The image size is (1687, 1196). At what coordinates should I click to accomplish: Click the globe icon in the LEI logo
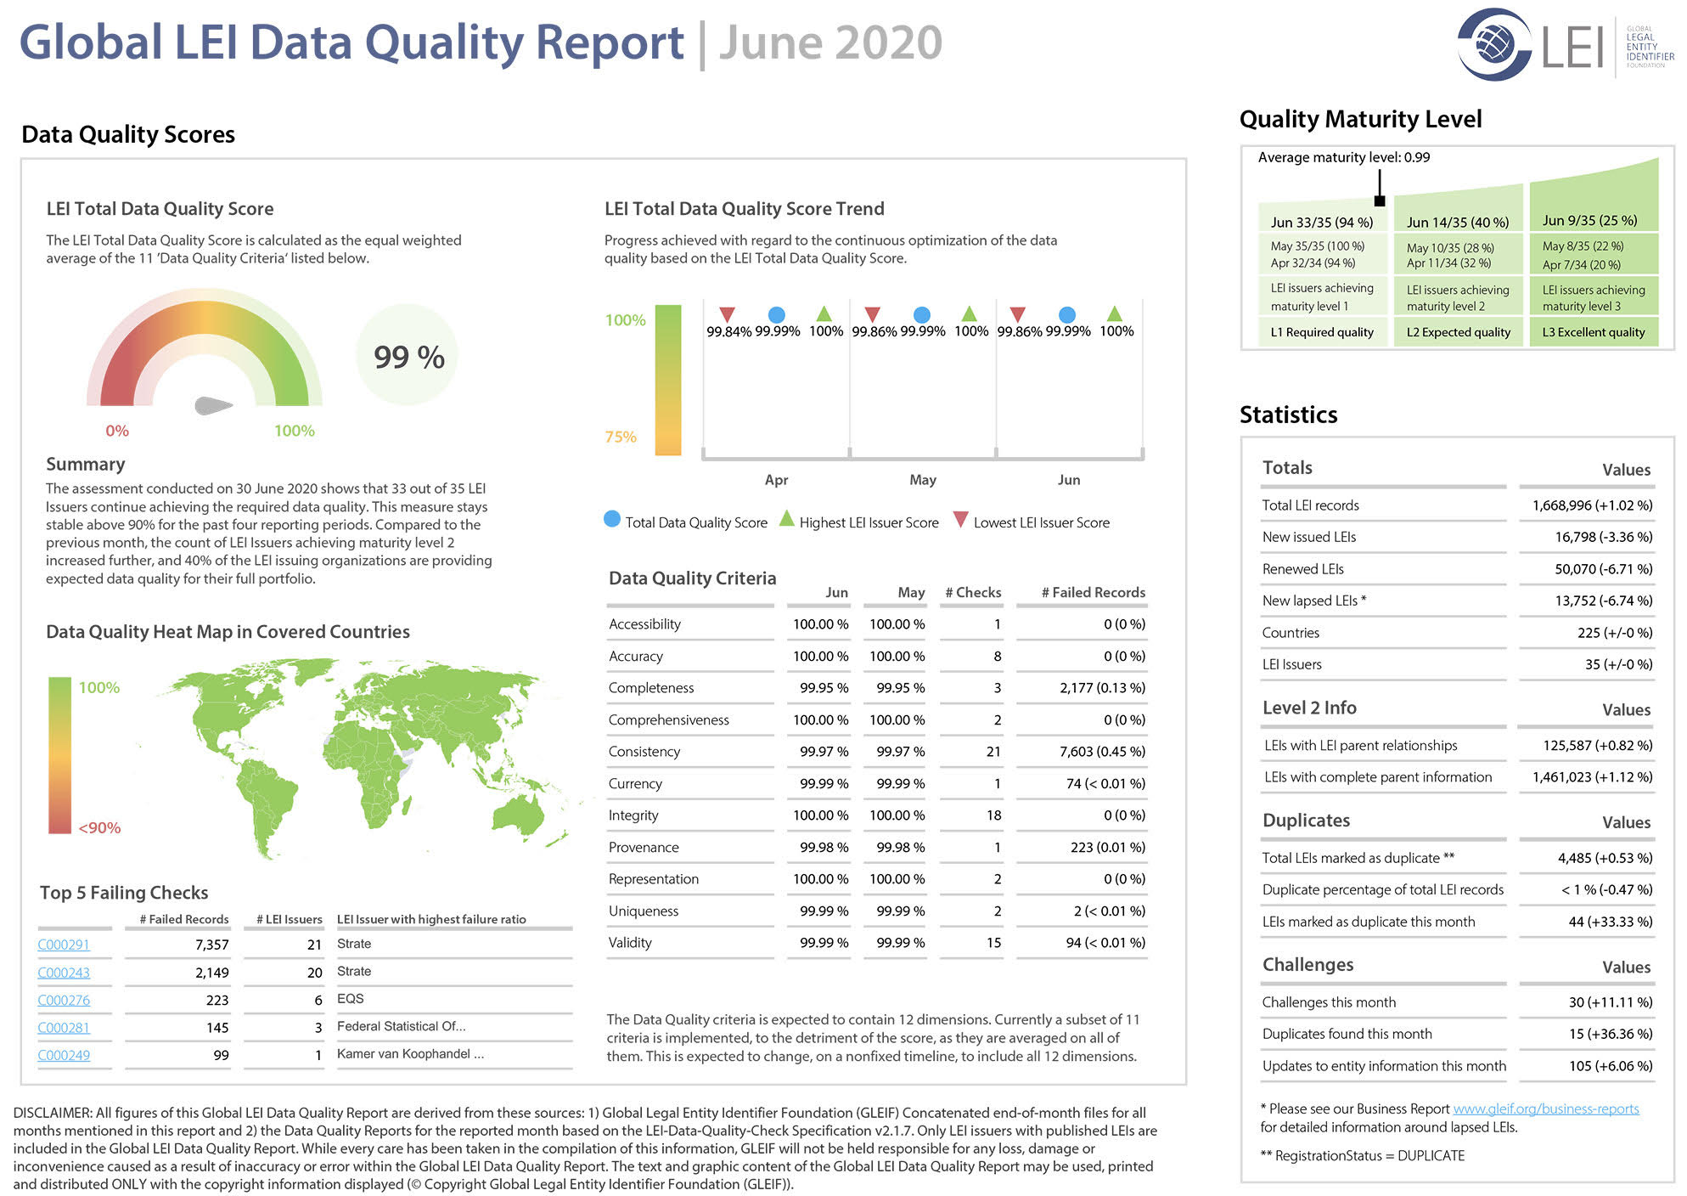pos(1495,43)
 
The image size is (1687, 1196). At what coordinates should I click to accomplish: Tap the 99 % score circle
pos(408,357)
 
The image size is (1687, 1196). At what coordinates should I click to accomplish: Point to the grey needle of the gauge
pos(213,405)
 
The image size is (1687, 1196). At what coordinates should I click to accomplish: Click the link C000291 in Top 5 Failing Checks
pos(64,945)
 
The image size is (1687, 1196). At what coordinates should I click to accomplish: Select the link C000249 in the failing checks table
pos(64,1055)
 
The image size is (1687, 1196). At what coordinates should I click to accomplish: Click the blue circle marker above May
pos(922,315)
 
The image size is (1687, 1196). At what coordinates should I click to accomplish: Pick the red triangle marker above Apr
pos(727,315)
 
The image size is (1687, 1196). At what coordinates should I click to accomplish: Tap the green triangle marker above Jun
pos(1115,313)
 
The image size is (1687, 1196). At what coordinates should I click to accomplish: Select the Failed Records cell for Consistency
pos(1102,752)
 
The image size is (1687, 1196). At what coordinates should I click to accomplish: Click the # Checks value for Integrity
pos(993,815)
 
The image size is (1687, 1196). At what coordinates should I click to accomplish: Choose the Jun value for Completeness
pos(824,688)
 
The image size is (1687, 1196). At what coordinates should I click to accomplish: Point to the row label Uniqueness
pos(644,911)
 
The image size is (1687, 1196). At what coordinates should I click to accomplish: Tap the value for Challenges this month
pos(1611,1002)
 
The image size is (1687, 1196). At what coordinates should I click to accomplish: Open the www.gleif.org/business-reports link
pos(1545,1109)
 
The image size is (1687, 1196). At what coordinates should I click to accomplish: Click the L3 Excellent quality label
pos(1594,332)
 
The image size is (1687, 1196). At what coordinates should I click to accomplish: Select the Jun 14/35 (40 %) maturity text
pos(1458,223)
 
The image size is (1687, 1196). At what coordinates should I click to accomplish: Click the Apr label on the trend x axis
pos(776,480)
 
